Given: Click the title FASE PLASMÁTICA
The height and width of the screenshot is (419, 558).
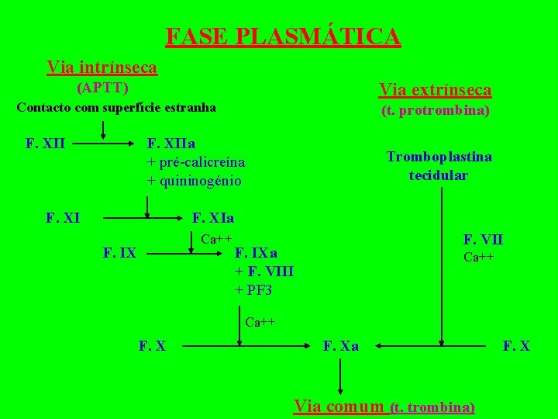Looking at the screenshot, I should [283, 36].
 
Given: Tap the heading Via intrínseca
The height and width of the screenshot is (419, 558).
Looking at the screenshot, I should [102, 68].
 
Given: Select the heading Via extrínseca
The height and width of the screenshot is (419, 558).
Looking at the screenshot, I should [435, 90].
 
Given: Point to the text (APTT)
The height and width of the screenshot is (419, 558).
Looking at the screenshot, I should [102, 87].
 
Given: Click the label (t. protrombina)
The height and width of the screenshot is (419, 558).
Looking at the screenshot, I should [435, 111].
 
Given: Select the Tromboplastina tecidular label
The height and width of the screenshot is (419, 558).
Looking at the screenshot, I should [439, 165].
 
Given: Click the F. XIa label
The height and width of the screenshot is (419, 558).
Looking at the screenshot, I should [212, 218].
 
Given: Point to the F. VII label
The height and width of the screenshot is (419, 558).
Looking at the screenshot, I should [483, 240].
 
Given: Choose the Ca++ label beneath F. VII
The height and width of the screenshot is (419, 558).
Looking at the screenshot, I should [479, 257].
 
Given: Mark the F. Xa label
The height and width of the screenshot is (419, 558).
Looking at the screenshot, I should [340, 345].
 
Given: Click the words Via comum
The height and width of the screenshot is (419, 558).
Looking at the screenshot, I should [339, 406].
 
